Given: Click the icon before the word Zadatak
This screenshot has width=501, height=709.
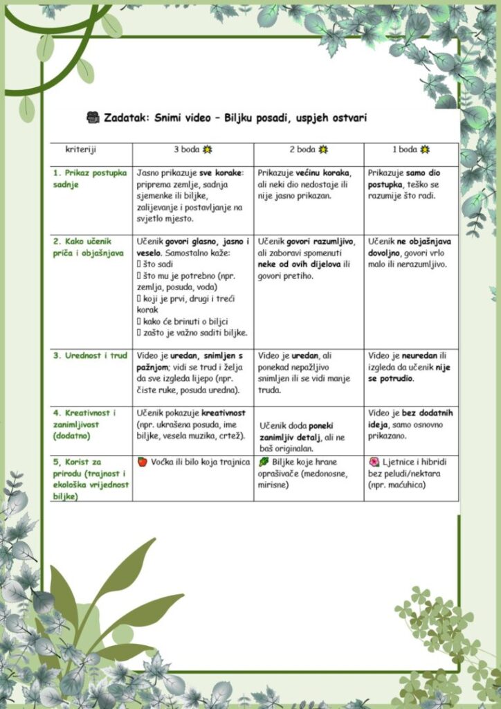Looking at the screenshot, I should (93, 118).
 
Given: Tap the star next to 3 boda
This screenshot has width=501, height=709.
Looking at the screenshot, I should (207, 150).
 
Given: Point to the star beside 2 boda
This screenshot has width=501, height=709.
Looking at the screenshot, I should (323, 150).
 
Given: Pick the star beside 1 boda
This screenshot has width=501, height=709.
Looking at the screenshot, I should (425, 150).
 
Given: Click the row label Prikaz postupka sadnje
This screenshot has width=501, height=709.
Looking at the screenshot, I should (89, 179).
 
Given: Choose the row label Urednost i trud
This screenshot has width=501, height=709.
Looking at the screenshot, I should (90, 356).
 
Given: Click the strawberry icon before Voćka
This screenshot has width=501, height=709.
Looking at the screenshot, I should (142, 461).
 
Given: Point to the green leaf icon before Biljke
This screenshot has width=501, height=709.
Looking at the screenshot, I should (264, 461).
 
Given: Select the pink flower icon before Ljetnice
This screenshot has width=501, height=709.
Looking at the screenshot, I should (374, 461).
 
